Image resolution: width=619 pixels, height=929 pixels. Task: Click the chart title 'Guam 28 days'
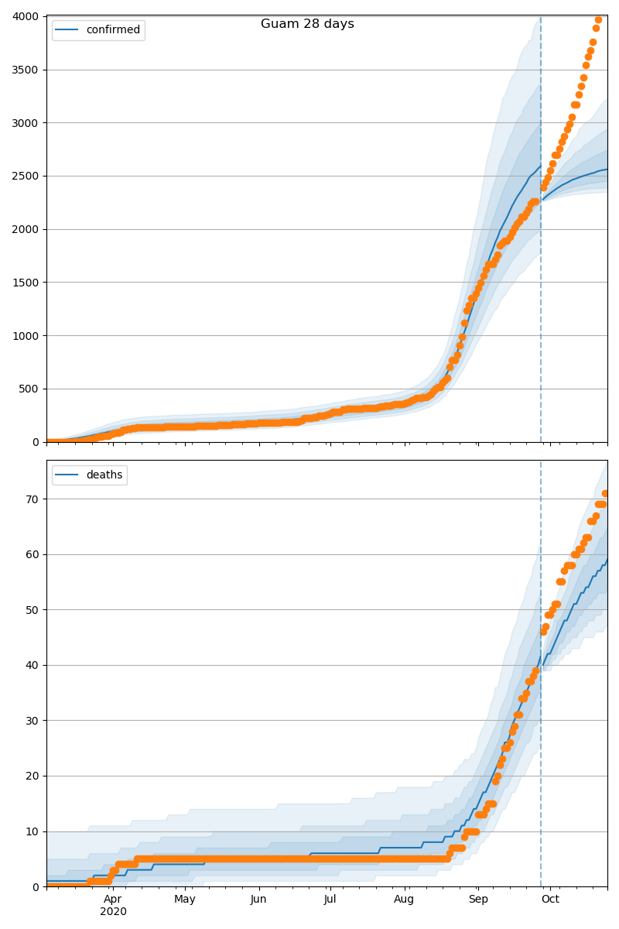(307, 24)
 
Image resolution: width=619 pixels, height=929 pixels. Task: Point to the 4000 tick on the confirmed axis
(27, 17)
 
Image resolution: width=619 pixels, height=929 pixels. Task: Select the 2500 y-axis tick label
(27, 177)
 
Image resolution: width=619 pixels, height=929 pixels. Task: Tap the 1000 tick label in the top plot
(27, 336)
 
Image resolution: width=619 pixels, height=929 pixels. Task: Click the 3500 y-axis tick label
(27, 70)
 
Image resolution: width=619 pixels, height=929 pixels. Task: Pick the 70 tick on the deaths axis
(33, 499)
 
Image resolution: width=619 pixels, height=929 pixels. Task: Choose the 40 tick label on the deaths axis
(33, 665)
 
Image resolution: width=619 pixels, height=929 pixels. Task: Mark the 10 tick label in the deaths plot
(33, 831)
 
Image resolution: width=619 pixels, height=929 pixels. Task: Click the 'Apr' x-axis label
(113, 899)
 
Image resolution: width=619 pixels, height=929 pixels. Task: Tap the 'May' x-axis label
(185, 899)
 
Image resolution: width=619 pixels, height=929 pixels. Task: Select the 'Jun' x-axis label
(258, 899)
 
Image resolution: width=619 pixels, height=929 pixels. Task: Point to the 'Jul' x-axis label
(330, 899)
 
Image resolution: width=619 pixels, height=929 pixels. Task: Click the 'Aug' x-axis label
(404, 899)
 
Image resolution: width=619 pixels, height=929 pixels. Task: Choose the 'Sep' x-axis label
(478, 899)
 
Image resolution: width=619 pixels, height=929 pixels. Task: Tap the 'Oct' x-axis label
(550, 899)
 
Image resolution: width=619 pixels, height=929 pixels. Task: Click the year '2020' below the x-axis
(113, 912)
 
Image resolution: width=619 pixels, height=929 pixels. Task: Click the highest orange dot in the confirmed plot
(598, 20)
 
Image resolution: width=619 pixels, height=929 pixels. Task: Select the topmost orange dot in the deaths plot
(605, 493)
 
